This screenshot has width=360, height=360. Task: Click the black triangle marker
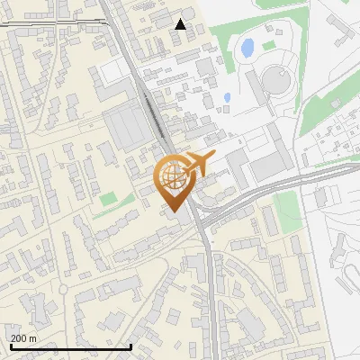[181, 24]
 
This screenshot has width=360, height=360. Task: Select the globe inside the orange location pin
[171, 175]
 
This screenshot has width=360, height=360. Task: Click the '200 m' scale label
[23, 337]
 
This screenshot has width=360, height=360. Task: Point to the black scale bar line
[70, 346]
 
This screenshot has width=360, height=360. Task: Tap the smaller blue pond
[227, 97]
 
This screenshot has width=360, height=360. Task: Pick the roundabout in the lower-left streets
[63, 290]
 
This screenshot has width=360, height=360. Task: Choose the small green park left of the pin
[109, 198]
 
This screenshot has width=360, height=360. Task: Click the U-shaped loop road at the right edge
[346, 265]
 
